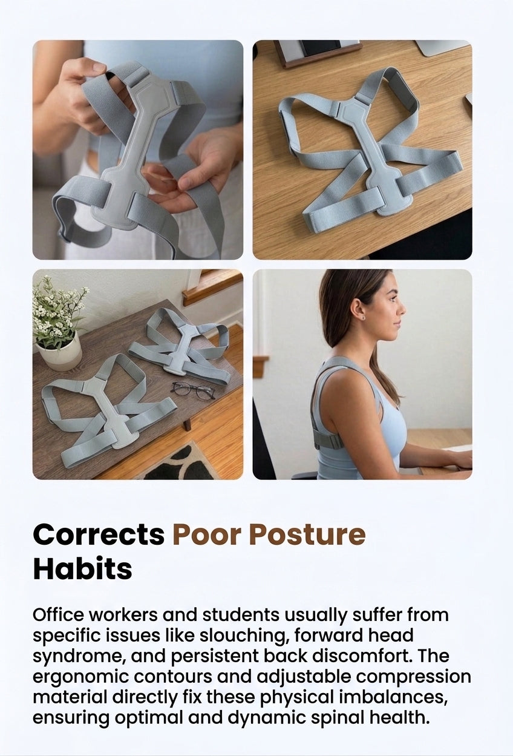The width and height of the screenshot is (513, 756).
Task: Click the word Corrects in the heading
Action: (x=99, y=534)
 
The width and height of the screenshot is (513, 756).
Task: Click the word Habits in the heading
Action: (x=82, y=570)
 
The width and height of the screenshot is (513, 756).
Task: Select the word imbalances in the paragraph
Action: (x=393, y=697)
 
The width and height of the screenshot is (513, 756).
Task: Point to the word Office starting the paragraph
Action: (x=58, y=615)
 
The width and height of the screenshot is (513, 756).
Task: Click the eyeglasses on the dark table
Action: (x=192, y=390)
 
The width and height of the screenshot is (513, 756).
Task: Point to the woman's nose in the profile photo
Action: (x=402, y=310)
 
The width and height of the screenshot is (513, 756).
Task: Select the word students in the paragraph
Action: (x=241, y=615)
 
